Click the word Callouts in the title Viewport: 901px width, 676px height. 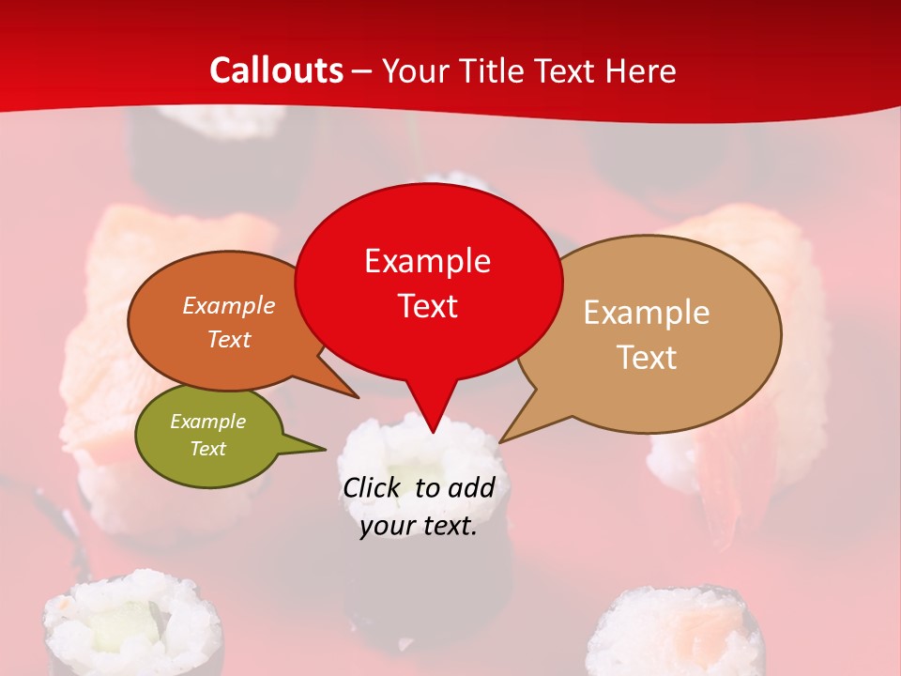click(276, 70)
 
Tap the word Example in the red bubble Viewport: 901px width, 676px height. click(427, 261)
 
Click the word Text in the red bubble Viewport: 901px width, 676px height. click(427, 305)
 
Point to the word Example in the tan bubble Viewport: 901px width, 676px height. click(647, 313)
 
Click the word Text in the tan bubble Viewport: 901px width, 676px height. click(647, 357)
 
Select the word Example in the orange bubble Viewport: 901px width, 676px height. click(229, 306)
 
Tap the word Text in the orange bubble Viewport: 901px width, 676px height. click(229, 339)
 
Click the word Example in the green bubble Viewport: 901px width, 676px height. click(207, 422)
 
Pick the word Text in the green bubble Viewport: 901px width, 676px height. click(207, 449)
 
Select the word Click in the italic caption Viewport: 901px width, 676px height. click(374, 487)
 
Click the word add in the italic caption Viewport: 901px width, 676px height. click(471, 487)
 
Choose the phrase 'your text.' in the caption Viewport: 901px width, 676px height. click(419, 526)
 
